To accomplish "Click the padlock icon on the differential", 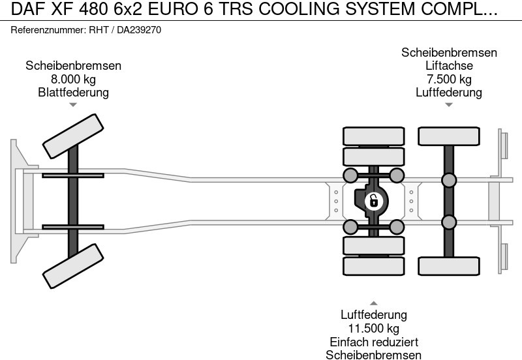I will pyautogui.click(x=373, y=200).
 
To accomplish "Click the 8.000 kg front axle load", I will pyautogui.click(x=73, y=80).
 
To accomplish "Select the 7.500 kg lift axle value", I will pyautogui.click(x=449, y=80).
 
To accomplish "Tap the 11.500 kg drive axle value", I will pyautogui.click(x=373, y=329).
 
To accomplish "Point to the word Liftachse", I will pyautogui.click(x=449, y=66).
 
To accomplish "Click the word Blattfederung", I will pyautogui.click(x=73, y=93).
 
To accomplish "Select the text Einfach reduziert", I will pyautogui.click(x=373, y=342).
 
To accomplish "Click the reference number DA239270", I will pyautogui.click(x=139, y=30).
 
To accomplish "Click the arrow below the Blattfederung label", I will pyautogui.click(x=73, y=105).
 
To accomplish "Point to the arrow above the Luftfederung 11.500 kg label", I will pyautogui.click(x=373, y=303).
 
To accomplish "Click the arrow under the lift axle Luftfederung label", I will pyautogui.click(x=449, y=105).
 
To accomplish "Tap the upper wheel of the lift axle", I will pyautogui.click(x=449, y=136).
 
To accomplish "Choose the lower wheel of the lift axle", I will pyautogui.click(x=449, y=265).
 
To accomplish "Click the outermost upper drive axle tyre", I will pyautogui.click(x=373, y=136).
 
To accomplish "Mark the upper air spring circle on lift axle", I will pyautogui.click(x=449, y=180).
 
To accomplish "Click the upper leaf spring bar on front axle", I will pyautogui.click(x=73, y=175).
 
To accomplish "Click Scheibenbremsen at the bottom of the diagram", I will pyautogui.click(x=373, y=355).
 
